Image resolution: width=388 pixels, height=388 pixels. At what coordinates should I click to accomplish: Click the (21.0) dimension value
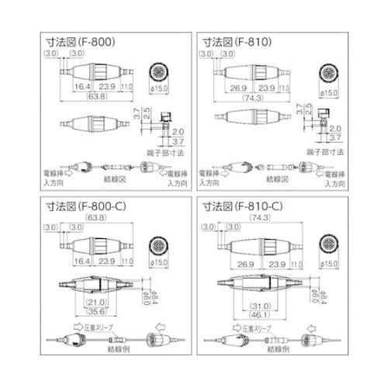(x=96, y=302)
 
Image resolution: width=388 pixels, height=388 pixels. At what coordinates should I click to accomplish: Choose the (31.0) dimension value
(x=261, y=302)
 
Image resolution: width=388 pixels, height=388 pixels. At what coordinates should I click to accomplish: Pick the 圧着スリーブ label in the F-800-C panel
(x=104, y=328)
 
